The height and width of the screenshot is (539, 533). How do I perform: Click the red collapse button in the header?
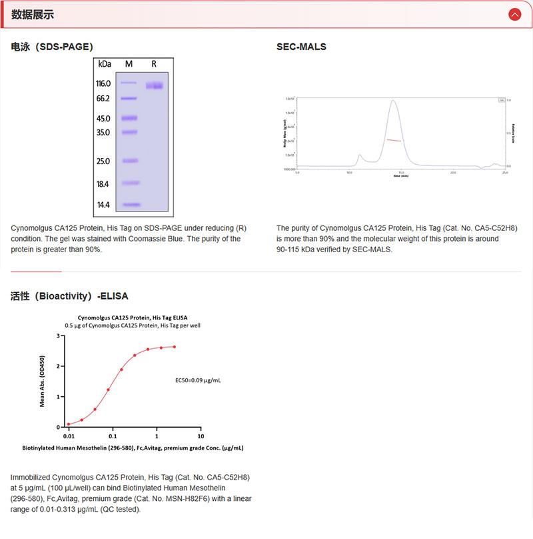coord(514,14)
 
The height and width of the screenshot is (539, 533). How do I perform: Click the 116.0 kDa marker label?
coord(103,83)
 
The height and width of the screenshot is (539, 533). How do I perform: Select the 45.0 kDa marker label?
coord(103,119)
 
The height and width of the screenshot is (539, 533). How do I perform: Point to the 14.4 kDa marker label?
coord(103,205)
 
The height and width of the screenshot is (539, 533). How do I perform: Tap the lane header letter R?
coord(154,64)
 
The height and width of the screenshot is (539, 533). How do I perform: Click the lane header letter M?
coord(129,64)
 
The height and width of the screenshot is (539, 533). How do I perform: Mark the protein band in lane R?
coord(155,85)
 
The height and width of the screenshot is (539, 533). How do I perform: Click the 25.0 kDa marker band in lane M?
coord(129,161)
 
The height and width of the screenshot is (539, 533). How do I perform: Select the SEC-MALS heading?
coord(301,47)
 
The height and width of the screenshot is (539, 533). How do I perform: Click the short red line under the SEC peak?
coord(394,140)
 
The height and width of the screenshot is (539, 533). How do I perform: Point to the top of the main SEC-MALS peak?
coord(394,101)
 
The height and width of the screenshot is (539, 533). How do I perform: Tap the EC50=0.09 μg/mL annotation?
coord(198,380)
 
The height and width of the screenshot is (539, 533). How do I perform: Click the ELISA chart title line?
coord(133,317)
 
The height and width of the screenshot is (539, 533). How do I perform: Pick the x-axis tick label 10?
coord(201,436)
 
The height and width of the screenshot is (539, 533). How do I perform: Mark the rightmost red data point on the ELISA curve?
coord(175,346)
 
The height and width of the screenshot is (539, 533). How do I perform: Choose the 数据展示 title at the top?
coord(33,15)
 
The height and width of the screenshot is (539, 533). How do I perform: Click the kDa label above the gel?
coord(105,64)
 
